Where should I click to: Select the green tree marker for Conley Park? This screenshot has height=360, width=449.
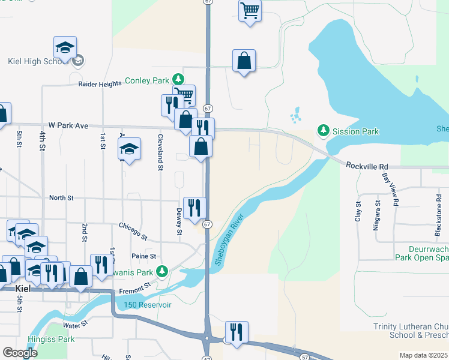click(x=178, y=79)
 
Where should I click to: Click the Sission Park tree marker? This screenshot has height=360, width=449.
click(x=324, y=130)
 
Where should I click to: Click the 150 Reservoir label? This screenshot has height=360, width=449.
click(x=148, y=305)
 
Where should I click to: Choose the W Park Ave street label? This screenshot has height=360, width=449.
click(x=68, y=125)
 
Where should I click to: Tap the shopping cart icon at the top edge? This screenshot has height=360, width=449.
click(x=250, y=10)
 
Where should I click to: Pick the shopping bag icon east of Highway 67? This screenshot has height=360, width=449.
click(x=244, y=61)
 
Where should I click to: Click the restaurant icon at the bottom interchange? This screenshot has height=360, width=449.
click(x=237, y=331)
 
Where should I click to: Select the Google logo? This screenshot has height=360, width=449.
click(x=20, y=353)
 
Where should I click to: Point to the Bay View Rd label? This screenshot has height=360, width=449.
click(x=390, y=190)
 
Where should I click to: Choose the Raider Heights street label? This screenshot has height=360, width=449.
click(x=100, y=85)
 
